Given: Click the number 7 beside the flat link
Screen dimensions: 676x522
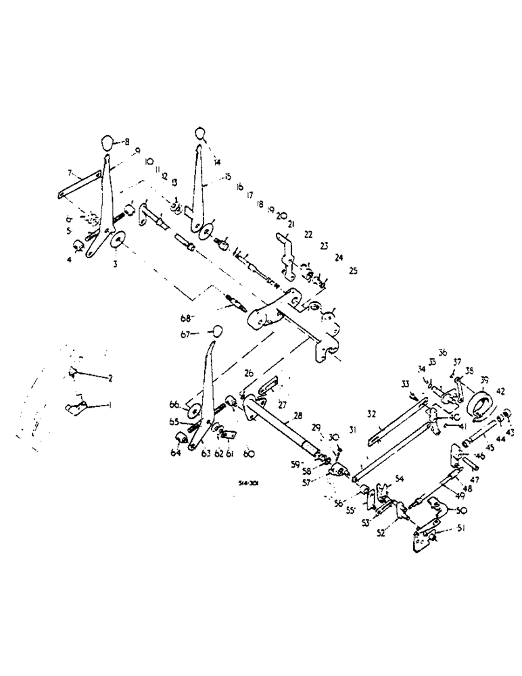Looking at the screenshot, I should [70, 174].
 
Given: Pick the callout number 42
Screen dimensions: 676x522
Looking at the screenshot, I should [501, 391].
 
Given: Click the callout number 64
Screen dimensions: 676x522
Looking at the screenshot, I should [176, 454].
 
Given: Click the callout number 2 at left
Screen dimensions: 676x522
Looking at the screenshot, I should [110, 377].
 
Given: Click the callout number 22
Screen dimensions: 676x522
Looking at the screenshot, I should [308, 234].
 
